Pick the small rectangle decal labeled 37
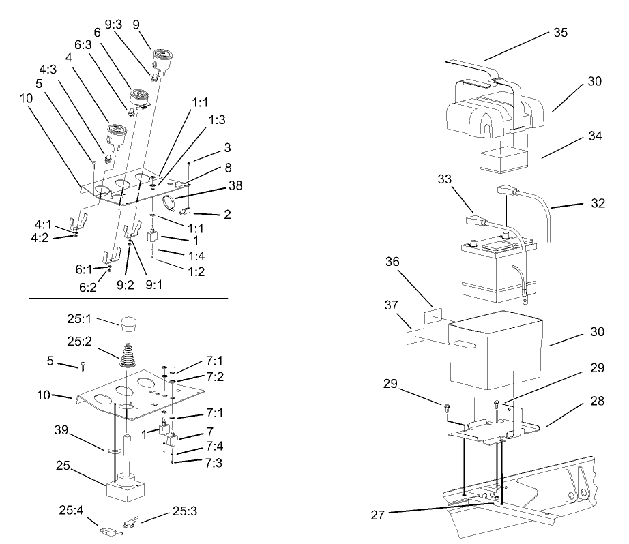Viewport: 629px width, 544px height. click(415, 335)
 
